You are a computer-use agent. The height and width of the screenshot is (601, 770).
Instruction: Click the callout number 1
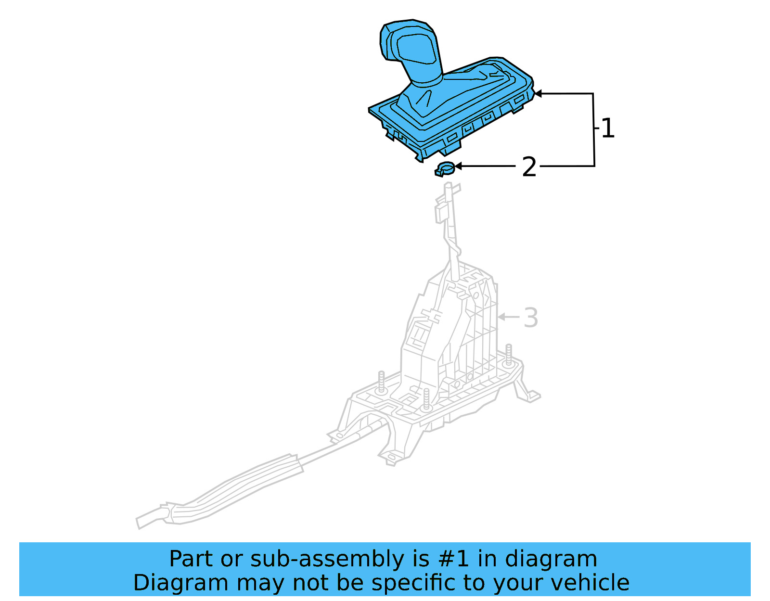pyautogui.click(x=608, y=128)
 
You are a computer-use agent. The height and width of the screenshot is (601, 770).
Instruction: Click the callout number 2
pyautogui.click(x=529, y=167)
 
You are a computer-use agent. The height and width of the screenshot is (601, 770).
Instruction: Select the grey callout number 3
pyautogui.click(x=531, y=318)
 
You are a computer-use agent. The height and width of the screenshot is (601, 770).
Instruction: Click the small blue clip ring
pyautogui.click(x=445, y=169)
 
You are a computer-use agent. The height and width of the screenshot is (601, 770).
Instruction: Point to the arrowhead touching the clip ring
pyautogui.click(x=458, y=166)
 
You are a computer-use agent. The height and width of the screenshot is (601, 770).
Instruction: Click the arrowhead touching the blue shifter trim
pyautogui.click(x=538, y=93)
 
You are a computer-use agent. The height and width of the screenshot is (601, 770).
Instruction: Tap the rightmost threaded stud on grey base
pyautogui.click(x=508, y=354)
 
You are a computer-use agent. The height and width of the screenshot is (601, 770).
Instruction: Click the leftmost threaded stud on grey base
pyautogui.click(x=381, y=382)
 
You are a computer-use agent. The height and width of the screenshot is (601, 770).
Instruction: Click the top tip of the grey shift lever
pyautogui.click(x=449, y=186)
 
